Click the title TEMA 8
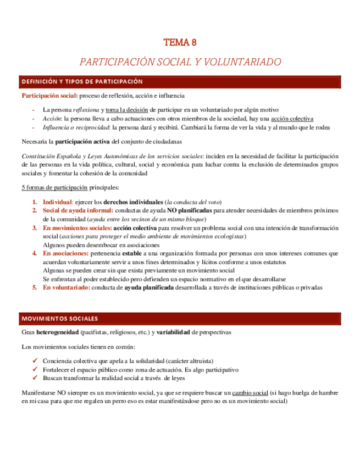point(180,42)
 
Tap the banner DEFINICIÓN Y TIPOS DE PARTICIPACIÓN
point(82,82)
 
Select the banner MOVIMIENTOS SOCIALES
point(59,319)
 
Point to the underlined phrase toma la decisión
point(127,110)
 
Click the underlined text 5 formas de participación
point(53,187)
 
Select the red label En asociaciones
point(65,253)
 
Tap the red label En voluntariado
point(67,287)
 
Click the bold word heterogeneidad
point(56,332)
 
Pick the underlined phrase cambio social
point(250,393)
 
